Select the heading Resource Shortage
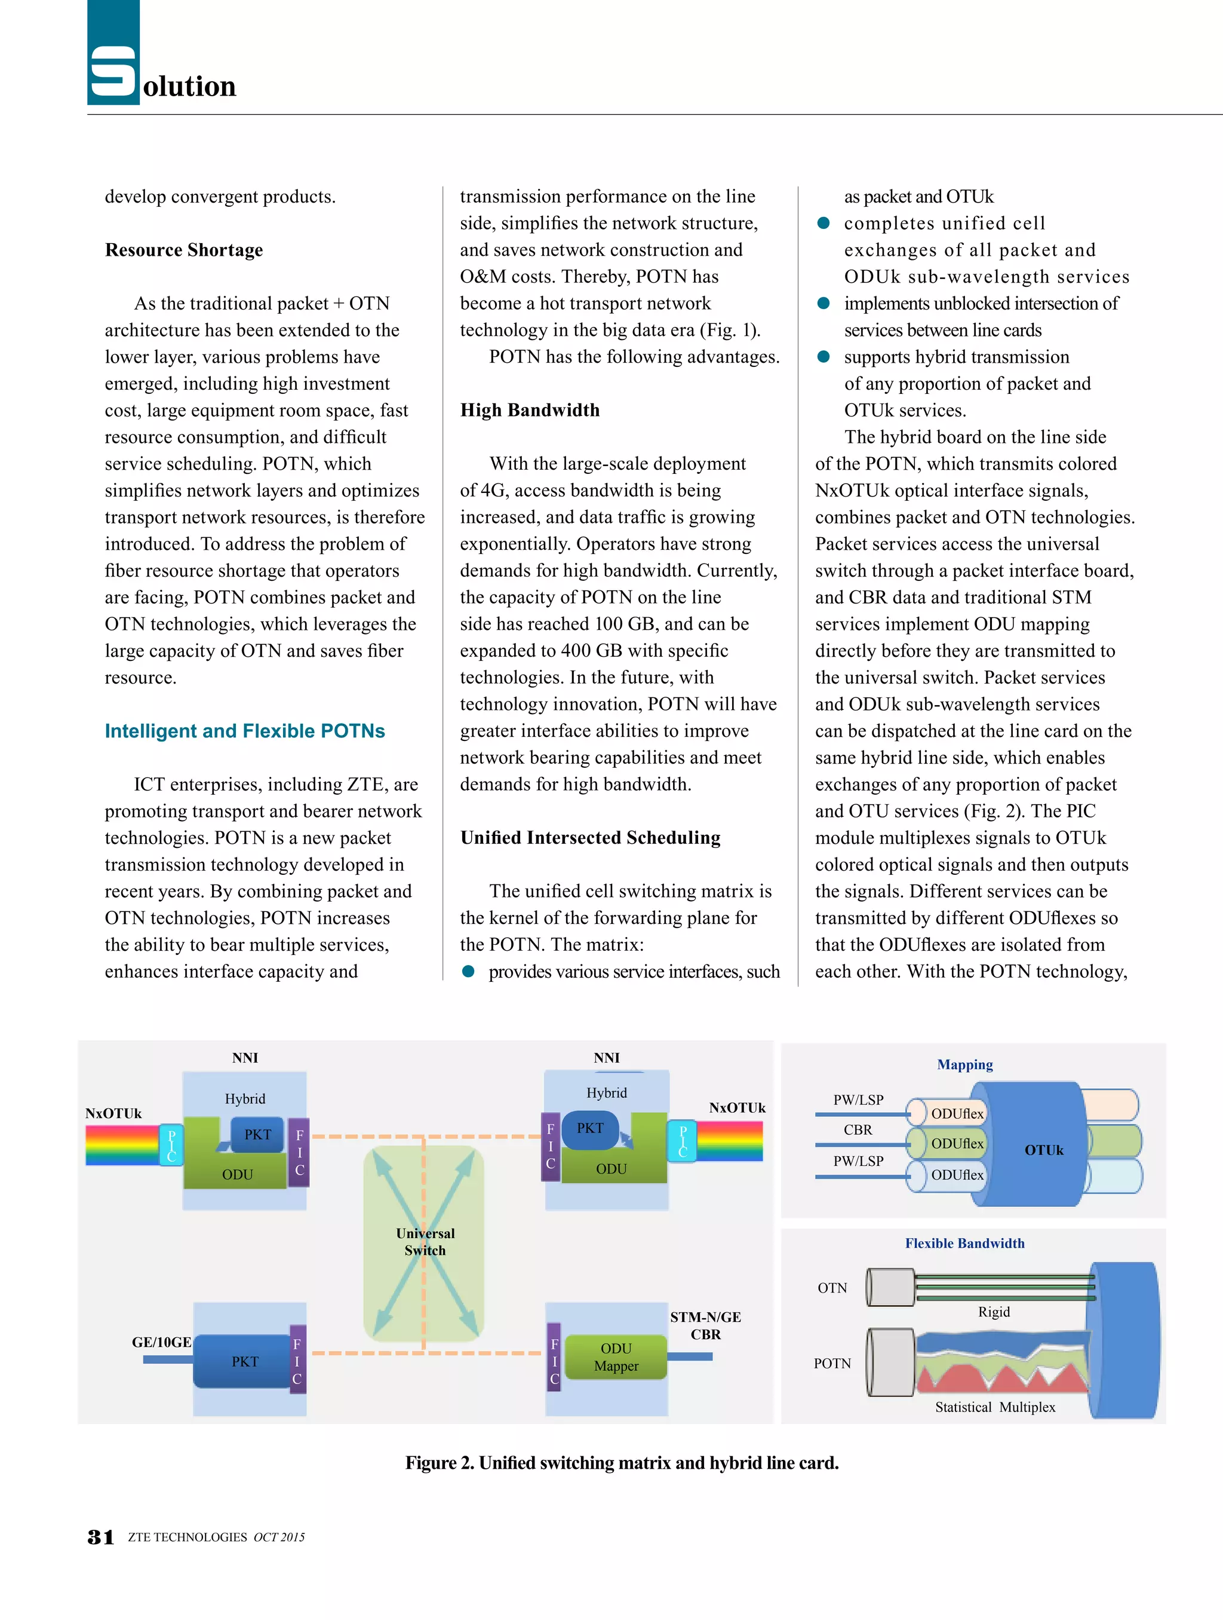click(184, 250)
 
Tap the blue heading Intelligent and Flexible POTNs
click(244, 731)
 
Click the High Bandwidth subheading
click(529, 410)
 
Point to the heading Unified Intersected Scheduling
click(590, 838)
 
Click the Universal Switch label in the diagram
click(425, 1241)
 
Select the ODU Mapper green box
click(616, 1357)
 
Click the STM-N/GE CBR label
click(705, 1325)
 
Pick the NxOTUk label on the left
click(113, 1113)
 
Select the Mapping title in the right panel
click(964, 1064)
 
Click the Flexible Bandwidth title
click(964, 1243)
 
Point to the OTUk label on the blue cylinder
click(1044, 1150)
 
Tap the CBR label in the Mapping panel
click(858, 1129)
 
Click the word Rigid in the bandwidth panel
click(993, 1312)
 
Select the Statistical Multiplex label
click(995, 1407)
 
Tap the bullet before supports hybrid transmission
click(823, 357)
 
